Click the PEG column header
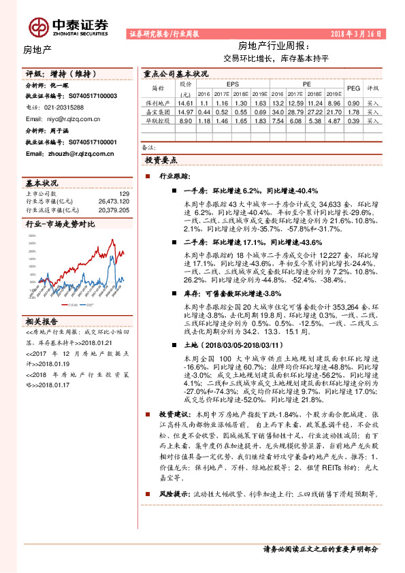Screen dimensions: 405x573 pyautogui.click(x=353, y=88)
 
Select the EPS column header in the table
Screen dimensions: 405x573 pyautogui.click(x=223, y=84)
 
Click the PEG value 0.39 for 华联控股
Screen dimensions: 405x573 pyautogui.click(x=353, y=120)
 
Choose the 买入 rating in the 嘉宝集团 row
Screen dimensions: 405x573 pyautogui.click(x=372, y=111)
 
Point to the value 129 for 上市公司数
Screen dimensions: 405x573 pyautogui.click(x=123, y=195)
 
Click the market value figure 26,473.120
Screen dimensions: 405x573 pyautogui.click(x=113, y=202)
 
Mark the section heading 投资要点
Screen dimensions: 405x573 pyautogui.click(x=161, y=160)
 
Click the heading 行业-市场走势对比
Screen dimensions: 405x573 pyautogui.click(x=60, y=224)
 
